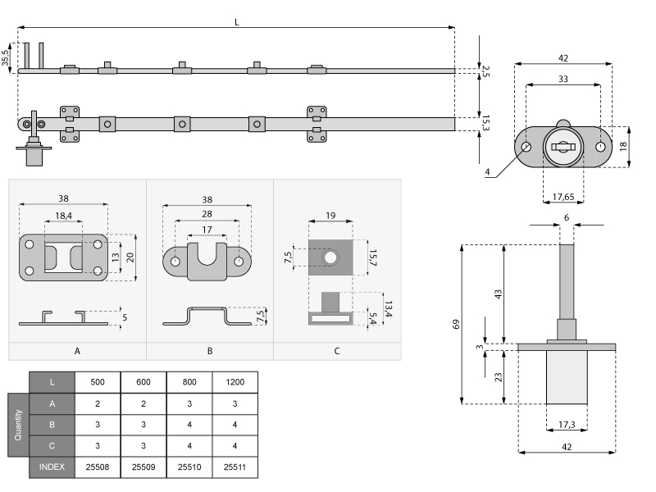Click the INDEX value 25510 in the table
click(x=189, y=467)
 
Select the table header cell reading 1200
click(x=235, y=382)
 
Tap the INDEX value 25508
click(x=98, y=467)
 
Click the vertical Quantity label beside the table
click(x=18, y=426)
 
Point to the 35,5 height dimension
click(x=6, y=57)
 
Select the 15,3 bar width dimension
click(x=486, y=123)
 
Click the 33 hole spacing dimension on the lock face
click(x=563, y=79)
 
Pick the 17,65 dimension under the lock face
click(x=563, y=196)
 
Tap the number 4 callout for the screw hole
click(x=487, y=172)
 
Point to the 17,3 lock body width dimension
click(x=567, y=426)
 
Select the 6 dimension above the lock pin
click(x=566, y=217)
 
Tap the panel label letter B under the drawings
click(x=210, y=350)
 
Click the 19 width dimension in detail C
click(x=330, y=215)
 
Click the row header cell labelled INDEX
click(x=52, y=467)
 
